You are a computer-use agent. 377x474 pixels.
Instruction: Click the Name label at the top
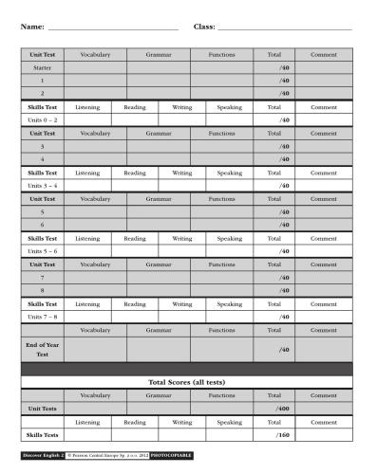pos(32,26)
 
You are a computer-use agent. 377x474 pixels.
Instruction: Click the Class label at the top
pos(204,26)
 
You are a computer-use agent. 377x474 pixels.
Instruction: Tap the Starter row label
pos(42,68)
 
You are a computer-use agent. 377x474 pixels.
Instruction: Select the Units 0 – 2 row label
pos(42,120)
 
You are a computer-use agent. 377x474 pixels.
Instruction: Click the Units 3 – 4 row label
pos(42,186)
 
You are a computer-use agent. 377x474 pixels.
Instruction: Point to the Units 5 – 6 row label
pos(42,251)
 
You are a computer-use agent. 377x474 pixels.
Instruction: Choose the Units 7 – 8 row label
pos(42,316)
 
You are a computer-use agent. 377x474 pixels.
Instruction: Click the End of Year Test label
pos(42,350)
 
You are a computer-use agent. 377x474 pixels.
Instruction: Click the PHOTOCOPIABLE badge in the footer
pos(172,456)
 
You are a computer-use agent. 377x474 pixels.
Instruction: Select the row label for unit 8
pos(42,290)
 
